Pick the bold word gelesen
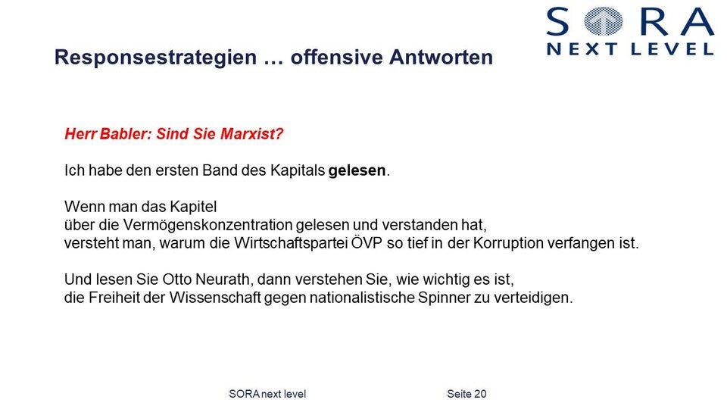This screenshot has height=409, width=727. (x=357, y=171)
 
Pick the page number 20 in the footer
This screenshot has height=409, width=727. (x=479, y=394)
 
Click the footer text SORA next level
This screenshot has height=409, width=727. (x=267, y=394)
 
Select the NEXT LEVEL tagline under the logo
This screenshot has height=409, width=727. (x=630, y=49)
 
